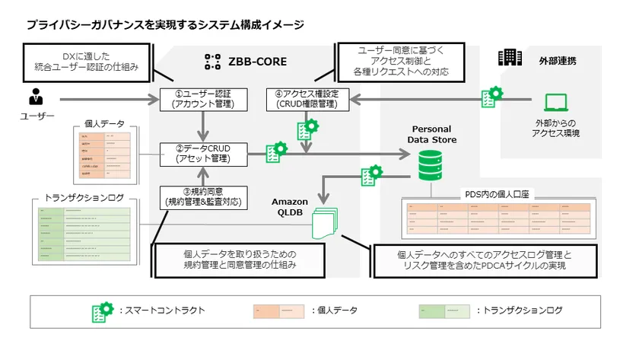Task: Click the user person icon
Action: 35,97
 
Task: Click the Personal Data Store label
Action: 434,134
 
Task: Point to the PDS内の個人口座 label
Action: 498,194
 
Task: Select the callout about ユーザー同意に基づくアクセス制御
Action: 400,60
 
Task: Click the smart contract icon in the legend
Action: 102,311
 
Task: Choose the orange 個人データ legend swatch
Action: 279,311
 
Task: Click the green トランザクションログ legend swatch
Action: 443,311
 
